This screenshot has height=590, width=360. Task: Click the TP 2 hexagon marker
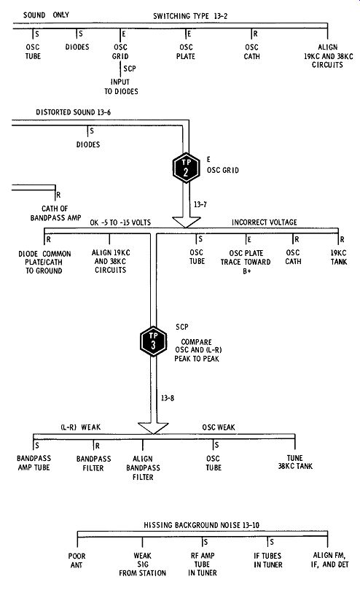tap(186, 168)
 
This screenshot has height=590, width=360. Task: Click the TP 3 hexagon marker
tap(153, 341)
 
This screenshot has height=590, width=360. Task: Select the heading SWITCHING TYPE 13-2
tap(190, 16)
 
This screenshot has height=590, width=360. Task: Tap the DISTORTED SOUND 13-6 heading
tap(74, 112)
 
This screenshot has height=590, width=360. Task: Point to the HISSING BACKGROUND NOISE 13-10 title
tap(201, 525)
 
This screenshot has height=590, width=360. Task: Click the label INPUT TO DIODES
tap(121, 87)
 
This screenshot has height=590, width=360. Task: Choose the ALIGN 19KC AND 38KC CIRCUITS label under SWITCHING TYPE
tap(329, 56)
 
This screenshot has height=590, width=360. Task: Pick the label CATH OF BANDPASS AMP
tap(55, 213)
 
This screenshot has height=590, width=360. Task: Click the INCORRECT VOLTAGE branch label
tap(264, 222)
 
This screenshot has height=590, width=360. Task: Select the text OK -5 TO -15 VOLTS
tap(120, 222)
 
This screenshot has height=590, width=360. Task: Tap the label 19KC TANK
tap(339, 257)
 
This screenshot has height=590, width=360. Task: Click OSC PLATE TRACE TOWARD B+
tap(246, 262)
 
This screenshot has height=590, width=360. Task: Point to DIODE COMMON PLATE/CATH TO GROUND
tap(44, 263)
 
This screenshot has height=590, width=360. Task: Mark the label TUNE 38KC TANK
tap(295, 462)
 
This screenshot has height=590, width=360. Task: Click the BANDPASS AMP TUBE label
tap(34, 463)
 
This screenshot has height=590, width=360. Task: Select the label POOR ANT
tap(77, 560)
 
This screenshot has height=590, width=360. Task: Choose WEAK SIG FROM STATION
tap(143, 564)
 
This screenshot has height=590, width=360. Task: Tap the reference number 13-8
tap(168, 398)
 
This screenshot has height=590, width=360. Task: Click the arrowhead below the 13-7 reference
tap(186, 222)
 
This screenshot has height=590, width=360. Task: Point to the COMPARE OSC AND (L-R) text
tap(197, 346)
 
